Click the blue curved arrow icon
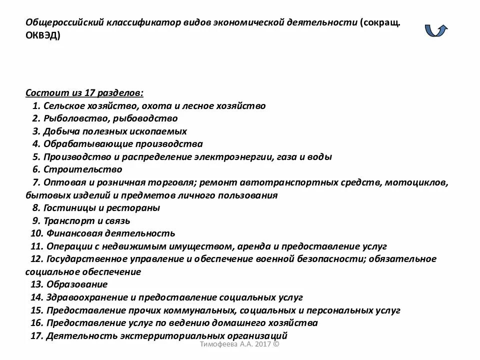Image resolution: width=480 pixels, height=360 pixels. coord(436,30)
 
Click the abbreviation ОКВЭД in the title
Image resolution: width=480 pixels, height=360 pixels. coord(43,36)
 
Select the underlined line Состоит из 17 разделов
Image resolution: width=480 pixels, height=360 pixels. coord(84,93)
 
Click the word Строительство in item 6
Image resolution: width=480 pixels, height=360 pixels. coord(82,169)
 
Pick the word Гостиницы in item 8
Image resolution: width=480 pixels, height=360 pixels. coord(67,208)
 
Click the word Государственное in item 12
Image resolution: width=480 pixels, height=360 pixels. coord(89,259)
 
